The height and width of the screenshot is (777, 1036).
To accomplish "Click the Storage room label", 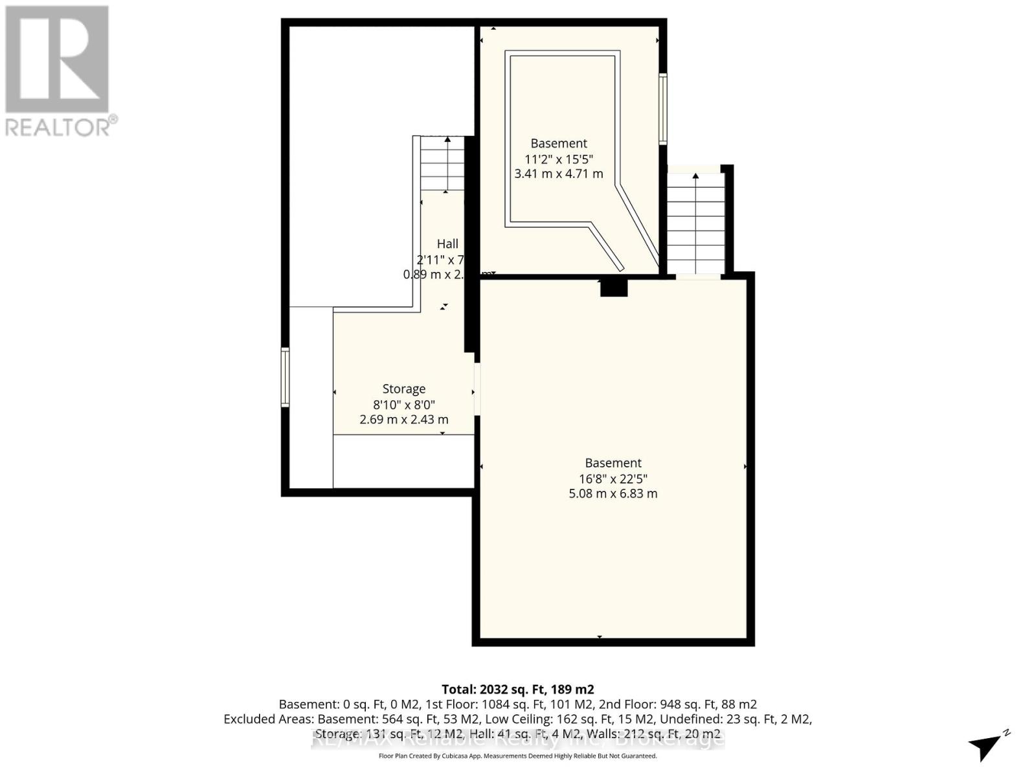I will tap(404, 388).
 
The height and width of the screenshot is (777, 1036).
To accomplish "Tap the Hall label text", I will tap(447, 244).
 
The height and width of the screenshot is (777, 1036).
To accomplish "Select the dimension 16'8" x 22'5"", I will tap(613, 479).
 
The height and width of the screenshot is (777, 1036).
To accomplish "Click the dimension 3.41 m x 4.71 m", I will tap(558, 174).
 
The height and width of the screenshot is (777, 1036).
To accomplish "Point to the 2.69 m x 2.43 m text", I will tap(404, 419).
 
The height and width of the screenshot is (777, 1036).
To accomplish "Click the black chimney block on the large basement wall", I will tap(614, 287).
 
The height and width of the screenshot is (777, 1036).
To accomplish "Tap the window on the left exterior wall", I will tap(285, 377).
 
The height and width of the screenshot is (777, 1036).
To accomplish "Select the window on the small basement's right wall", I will tap(662, 108).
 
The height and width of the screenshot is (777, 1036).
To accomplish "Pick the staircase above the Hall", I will tap(442, 164).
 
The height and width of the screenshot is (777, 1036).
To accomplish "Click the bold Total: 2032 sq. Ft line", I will tap(517, 689).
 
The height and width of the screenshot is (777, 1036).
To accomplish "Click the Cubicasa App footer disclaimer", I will tap(517, 756).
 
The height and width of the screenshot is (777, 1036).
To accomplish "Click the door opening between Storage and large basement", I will tap(477, 389).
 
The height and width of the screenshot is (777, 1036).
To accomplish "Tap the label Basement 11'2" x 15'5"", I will tap(558, 144).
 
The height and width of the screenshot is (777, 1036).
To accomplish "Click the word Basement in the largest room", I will tap(613, 463).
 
